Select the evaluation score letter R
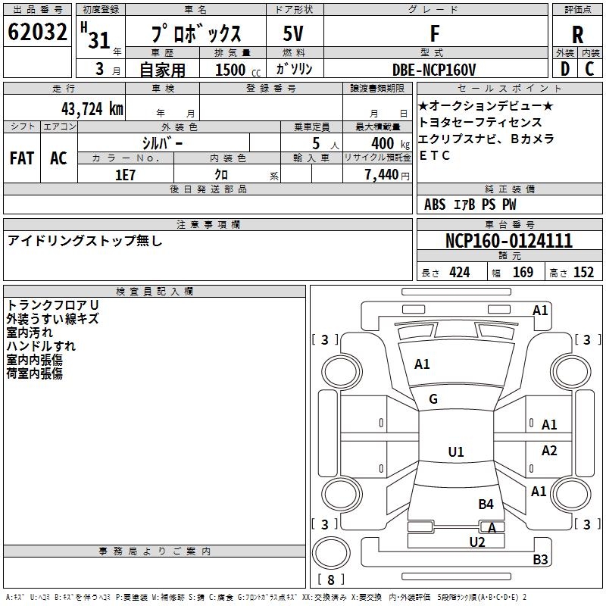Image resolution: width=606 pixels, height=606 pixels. click(x=577, y=35)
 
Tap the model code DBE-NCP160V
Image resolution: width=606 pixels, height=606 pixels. click(x=435, y=69)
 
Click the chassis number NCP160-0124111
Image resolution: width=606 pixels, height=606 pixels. click(x=508, y=241)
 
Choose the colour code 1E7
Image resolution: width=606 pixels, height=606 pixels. click(x=125, y=174)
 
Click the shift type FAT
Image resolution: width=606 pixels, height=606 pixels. click(x=21, y=158)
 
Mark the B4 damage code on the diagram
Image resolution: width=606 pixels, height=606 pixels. click(x=486, y=504)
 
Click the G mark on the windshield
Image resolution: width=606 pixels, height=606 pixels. click(x=433, y=399)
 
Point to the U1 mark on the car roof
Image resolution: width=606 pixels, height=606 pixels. click(x=456, y=452)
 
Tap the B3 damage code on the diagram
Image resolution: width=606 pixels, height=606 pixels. click(x=540, y=560)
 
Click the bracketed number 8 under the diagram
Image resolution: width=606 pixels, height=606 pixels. click(x=330, y=579)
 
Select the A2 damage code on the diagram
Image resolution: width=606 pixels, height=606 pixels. click(x=549, y=451)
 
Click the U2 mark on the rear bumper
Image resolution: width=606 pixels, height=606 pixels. click(x=477, y=542)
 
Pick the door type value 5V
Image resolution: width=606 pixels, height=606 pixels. click(x=294, y=34)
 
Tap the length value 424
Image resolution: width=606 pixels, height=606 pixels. click(x=459, y=273)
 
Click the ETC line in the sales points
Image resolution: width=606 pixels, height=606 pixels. click(x=435, y=156)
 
